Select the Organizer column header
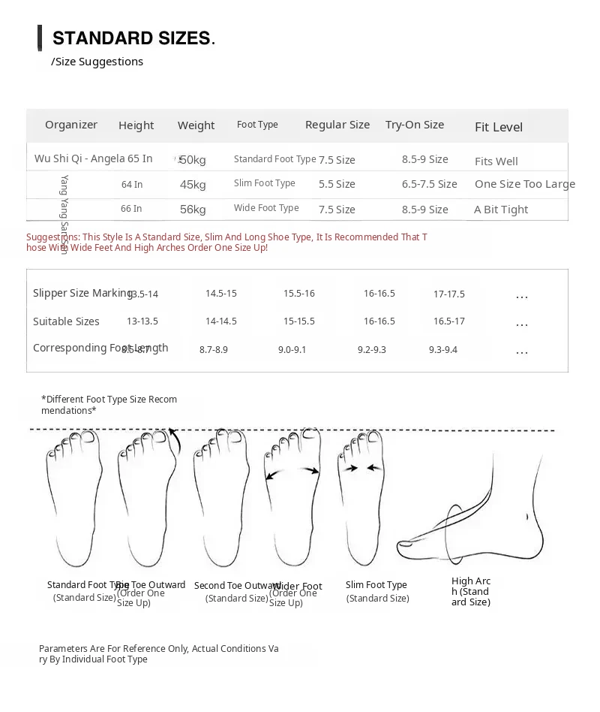71,125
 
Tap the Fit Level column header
499,127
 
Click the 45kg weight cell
193,185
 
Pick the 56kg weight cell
193,210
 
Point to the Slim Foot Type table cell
265,183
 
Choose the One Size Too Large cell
525,184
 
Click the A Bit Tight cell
501,210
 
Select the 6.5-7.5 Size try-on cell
429,184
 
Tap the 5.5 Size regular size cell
337,184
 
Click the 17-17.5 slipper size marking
449,294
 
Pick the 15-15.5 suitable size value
299,321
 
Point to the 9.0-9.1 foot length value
292,350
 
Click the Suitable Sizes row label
66,321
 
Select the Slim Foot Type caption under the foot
376,585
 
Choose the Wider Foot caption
298,587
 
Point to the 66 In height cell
131,209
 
